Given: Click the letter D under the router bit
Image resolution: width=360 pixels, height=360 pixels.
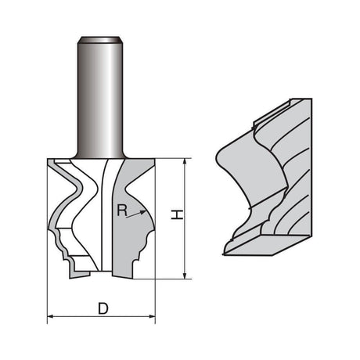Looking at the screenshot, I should click(103, 308).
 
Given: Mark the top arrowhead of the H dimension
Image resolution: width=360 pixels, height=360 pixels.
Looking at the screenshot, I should click(185, 161).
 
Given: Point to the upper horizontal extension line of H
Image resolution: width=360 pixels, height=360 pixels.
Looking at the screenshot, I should click(172, 157).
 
